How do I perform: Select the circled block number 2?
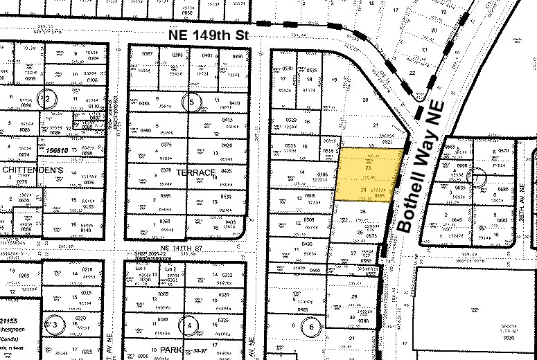pos(48,98)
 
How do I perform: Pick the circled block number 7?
pos(475,177)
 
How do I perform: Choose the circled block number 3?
pos(55,324)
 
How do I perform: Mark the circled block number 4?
pos(190,325)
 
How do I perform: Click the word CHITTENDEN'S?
pos(24,170)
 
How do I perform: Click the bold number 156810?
pos(54,149)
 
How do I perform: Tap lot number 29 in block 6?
pos(354,296)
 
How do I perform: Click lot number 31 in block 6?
pos(352,338)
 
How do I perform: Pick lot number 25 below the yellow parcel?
pos(363,211)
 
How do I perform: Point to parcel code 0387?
pos(147,54)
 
